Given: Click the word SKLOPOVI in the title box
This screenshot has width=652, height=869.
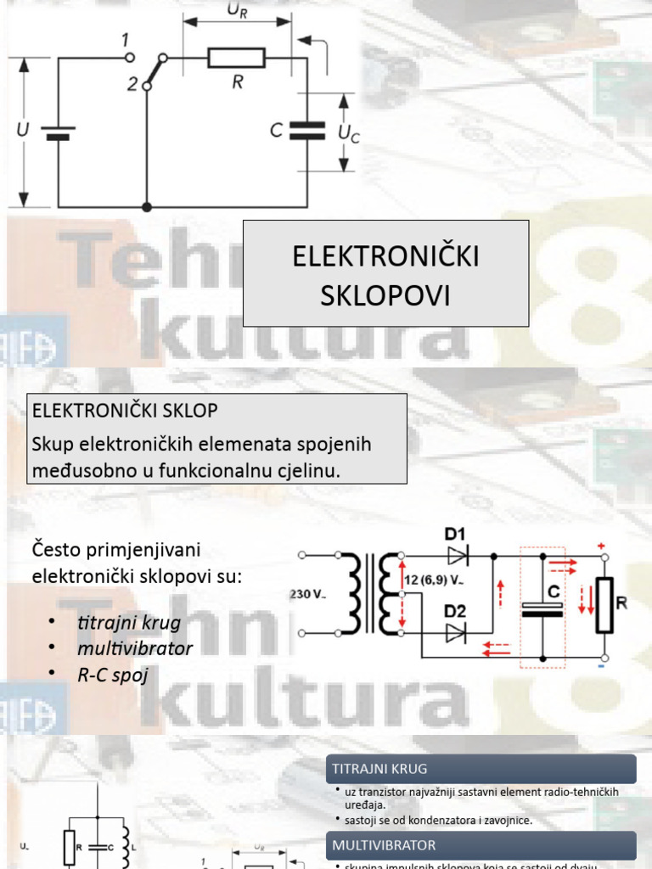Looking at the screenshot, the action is pyautogui.click(x=385, y=295).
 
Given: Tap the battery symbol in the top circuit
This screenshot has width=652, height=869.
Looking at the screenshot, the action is pyautogui.click(x=59, y=133).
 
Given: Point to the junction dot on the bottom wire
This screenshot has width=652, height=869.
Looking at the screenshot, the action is pyautogui.click(x=147, y=206).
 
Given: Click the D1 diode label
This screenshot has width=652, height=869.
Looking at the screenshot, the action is pyautogui.click(x=456, y=534).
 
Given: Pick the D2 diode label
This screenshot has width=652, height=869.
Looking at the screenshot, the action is pyautogui.click(x=456, y=609).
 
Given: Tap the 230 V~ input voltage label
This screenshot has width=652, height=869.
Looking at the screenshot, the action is pyautogui.click(x=309, y=595).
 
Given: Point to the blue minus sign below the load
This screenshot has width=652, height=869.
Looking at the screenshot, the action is pyautogui.click(x=601, y=666).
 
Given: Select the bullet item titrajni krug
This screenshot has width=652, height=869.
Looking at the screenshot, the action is pyautogui.click(x=128, y=622).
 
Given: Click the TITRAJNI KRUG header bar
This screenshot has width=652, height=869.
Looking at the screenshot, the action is pyautogui.click(x=481, y=769).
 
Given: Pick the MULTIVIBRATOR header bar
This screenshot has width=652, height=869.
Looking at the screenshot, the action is pyautogui.click(x=481, y=845).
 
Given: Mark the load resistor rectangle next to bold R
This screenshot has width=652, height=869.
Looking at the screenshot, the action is pyautogui.click(x=604, y=605).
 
